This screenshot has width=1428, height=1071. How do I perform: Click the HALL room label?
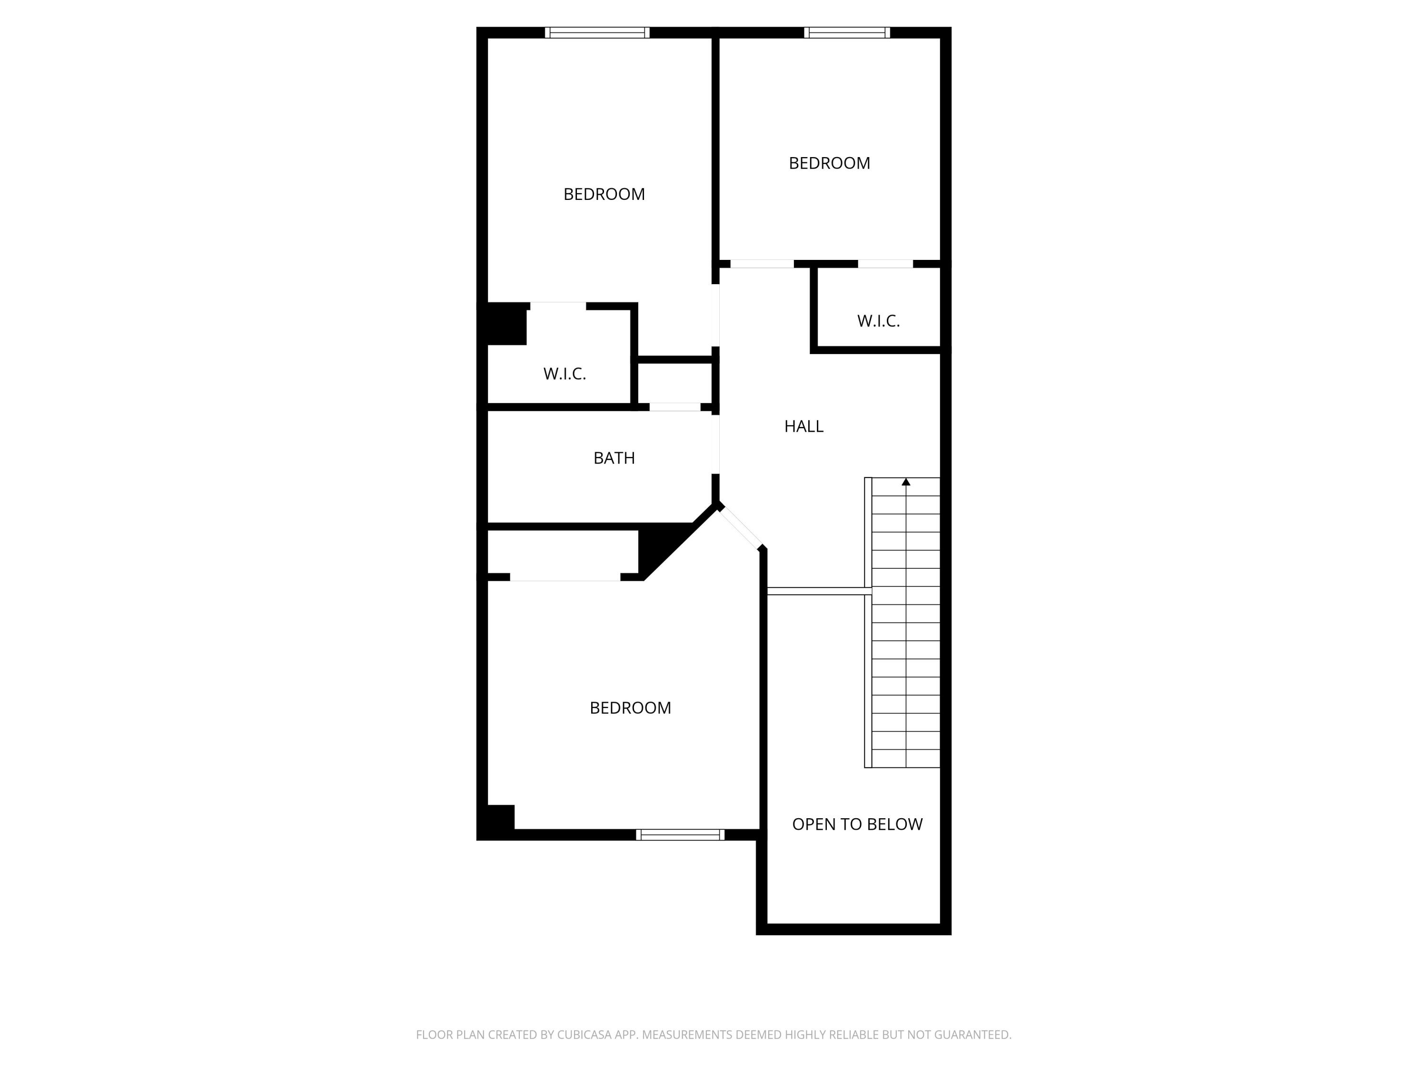pyautogui.click(x=804, y=426)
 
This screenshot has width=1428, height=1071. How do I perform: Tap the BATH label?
pyautogui.click(x=614, y=458)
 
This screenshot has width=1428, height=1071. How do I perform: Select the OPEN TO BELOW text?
pyautogui.click(x=857, y=824)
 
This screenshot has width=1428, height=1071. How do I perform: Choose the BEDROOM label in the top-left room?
pyautogui.click(x=604, y=194)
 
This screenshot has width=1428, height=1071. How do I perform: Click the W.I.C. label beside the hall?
pyautogui.click(x=878, y=321)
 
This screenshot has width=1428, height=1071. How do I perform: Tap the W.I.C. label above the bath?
pyautogui.click(x=564, y=374)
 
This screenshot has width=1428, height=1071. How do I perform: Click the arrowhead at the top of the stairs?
pyautogui.click(x=906, y=482)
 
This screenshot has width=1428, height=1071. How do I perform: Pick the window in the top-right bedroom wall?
pyautogui.click(x=847, y=33)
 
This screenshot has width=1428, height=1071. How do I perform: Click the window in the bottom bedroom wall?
pyautogui.click(x=680, y=835)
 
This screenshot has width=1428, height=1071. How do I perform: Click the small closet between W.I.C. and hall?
pyautogui.click(x=674, y=384)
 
